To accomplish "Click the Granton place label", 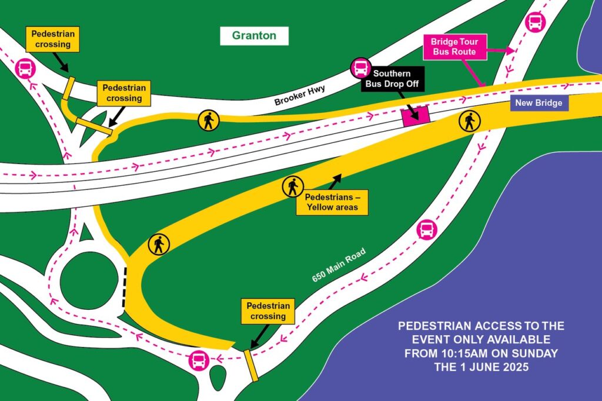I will pyautogui.click(x=254, y=36).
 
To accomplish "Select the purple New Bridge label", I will pyautogui.click(x=539, y=103).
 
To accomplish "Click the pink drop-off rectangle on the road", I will pyautogui.click(x=415, y=115).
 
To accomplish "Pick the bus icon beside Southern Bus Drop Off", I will pyautogui.click(x=359, y=69).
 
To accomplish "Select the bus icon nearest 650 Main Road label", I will pyautogui.click(x=426, y=230).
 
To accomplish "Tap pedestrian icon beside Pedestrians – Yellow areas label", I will pyautogui.click(x=292, y=187).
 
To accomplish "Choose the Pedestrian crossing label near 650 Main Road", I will pyautogui.click(x=268, y=311).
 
